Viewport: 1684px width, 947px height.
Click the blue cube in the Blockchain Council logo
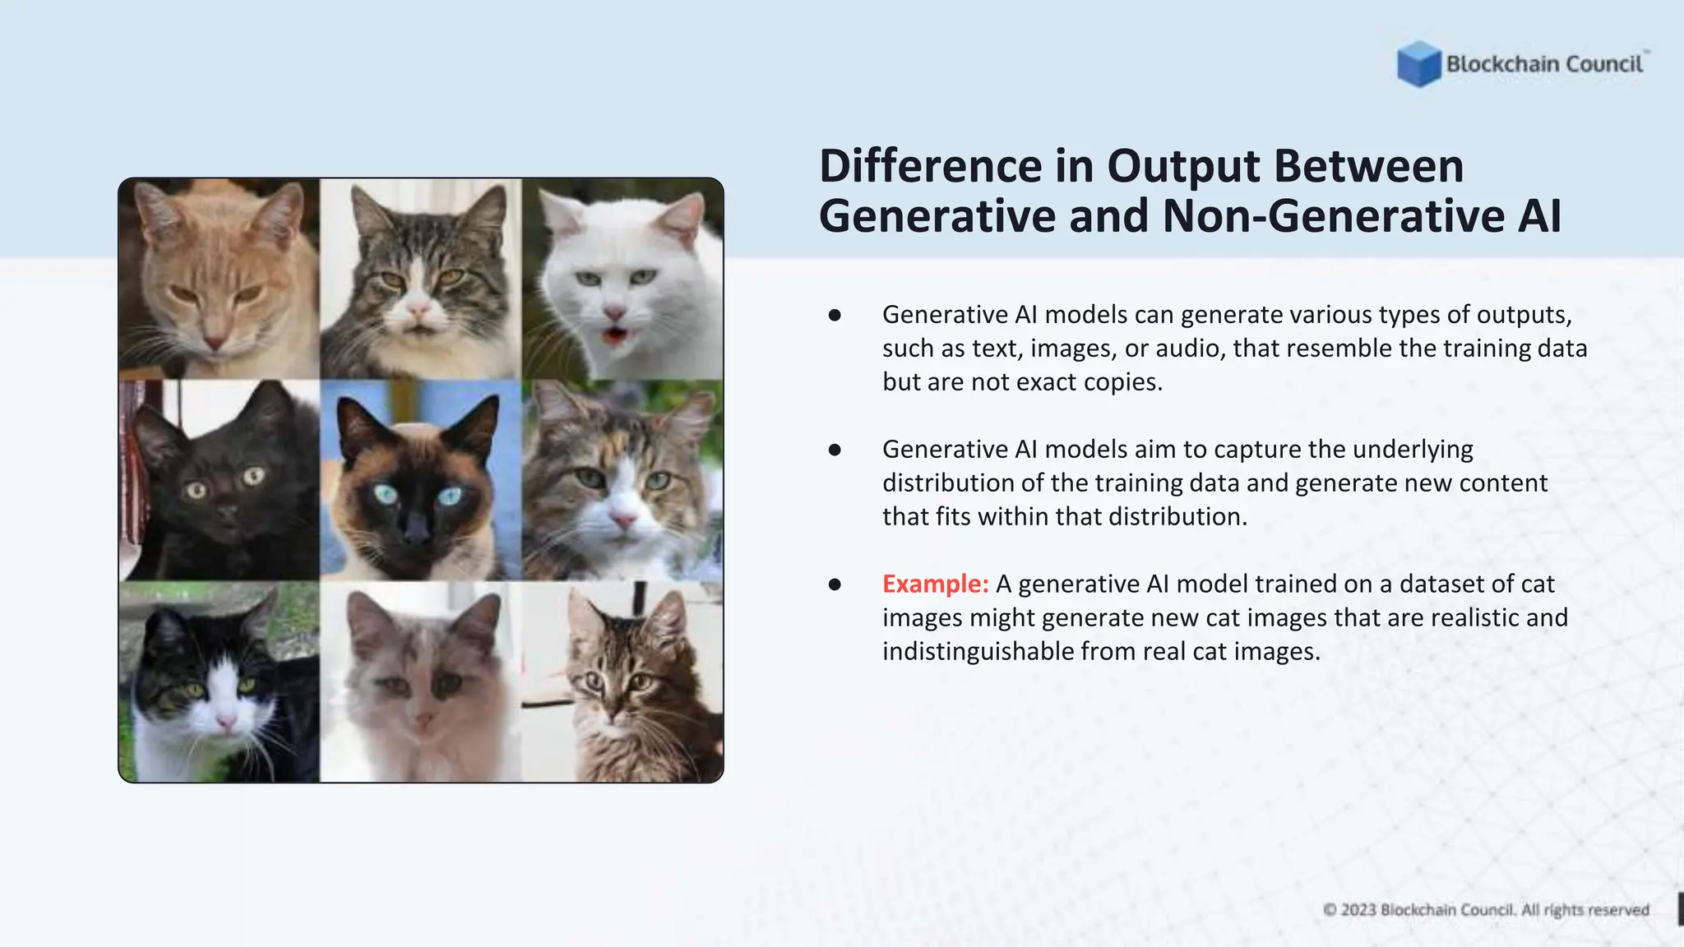tap(1418, 64)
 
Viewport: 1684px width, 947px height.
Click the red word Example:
tap(935, 584)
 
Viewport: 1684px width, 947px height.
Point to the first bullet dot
tap(835, 315)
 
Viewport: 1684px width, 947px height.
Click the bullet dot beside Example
tap(835, 584)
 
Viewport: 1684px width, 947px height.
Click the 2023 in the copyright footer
tap(1358, 910)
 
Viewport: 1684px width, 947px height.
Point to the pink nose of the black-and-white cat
tap(224, 723)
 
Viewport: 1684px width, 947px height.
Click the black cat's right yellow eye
tap(253, 475)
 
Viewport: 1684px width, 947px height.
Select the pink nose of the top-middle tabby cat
tap(419, 310)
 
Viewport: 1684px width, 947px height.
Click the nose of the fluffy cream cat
tap(424, 721)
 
